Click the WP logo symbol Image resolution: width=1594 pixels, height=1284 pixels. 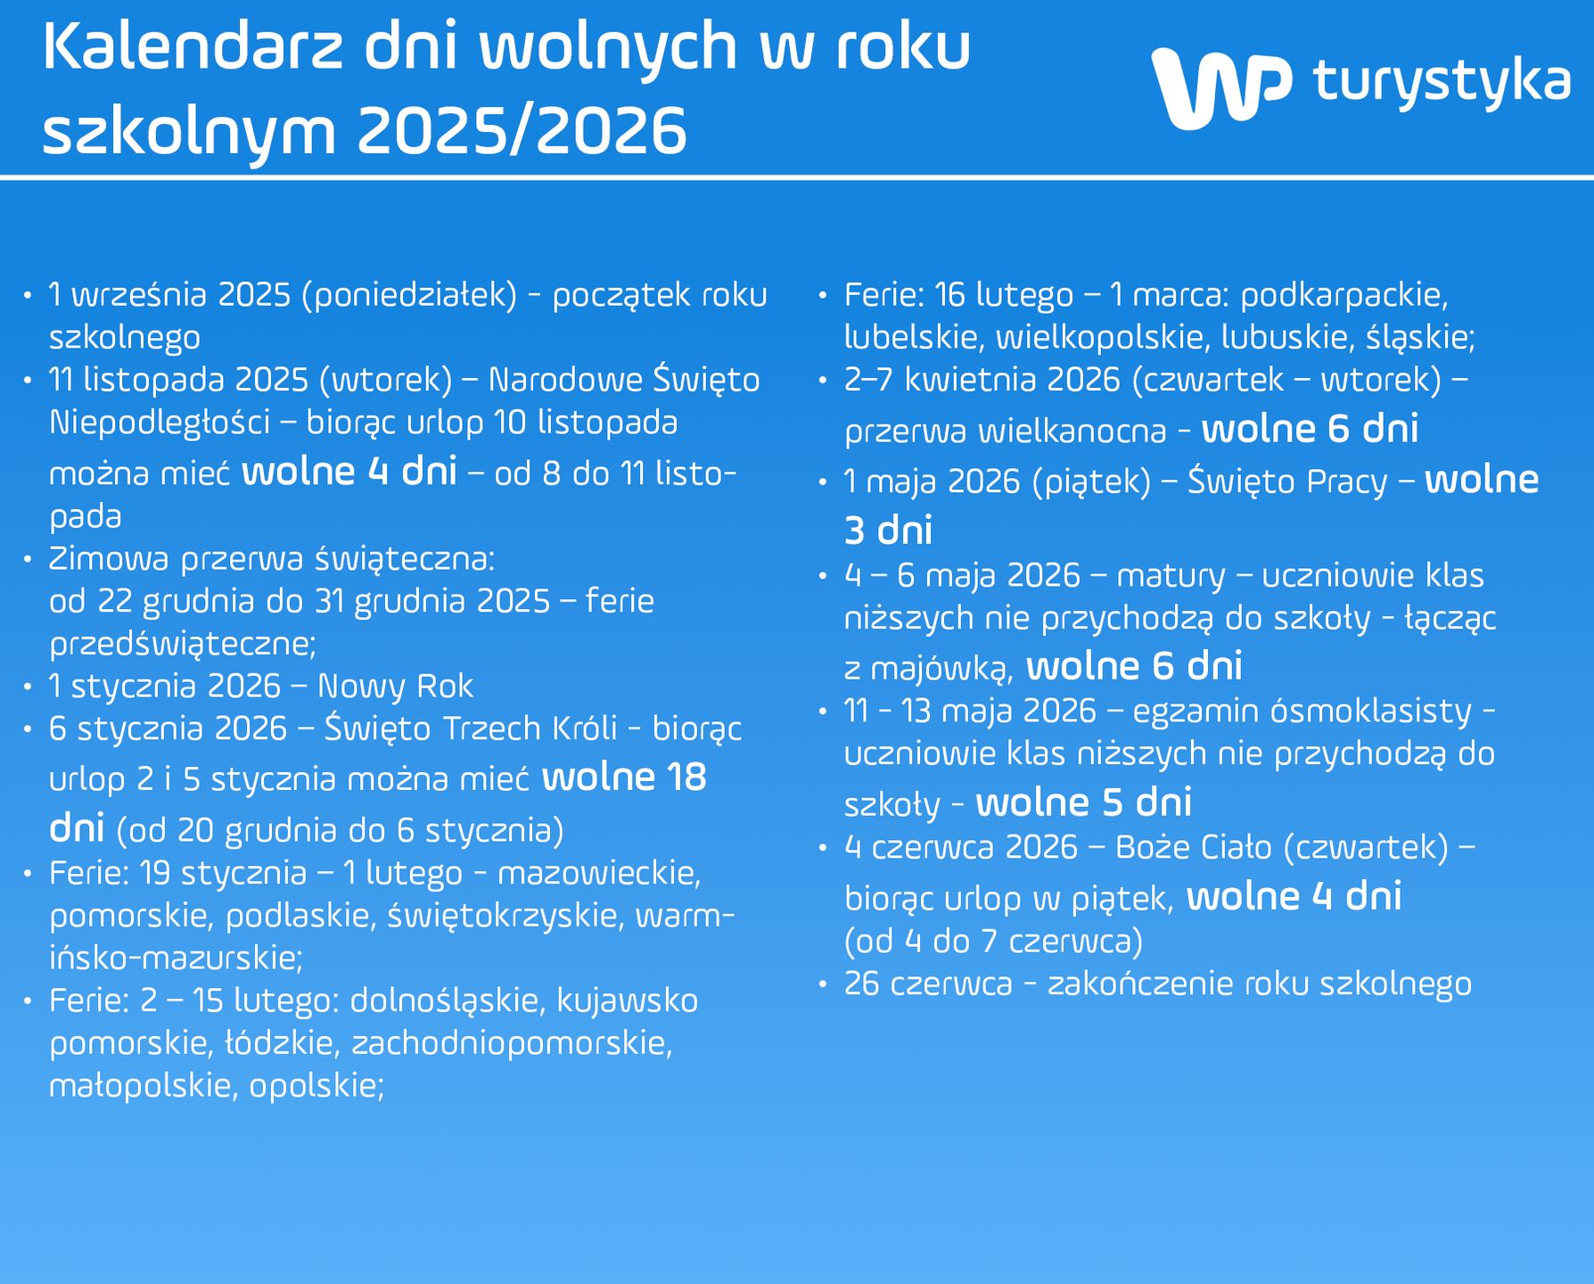point(1220,87)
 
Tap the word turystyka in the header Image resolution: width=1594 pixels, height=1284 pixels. point(1442,82)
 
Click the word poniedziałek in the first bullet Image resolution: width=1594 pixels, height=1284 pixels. point(409,294)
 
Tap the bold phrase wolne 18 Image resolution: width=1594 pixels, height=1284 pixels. point(624,778)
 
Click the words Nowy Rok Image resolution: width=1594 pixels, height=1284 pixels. point(395,686)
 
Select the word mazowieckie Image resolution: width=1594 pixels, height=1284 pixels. point(600,872)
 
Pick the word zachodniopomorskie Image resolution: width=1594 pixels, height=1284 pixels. point(513,1043)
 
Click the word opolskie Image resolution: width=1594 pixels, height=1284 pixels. point(316,1086)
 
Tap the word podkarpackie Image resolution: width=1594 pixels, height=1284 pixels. point(1344,294)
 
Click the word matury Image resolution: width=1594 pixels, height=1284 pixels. point(1171,576)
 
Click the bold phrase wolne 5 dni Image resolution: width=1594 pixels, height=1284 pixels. point(1083,802)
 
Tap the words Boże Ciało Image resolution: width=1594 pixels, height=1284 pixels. point(1199,847)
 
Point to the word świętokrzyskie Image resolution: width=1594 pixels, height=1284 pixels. point(504,916)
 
